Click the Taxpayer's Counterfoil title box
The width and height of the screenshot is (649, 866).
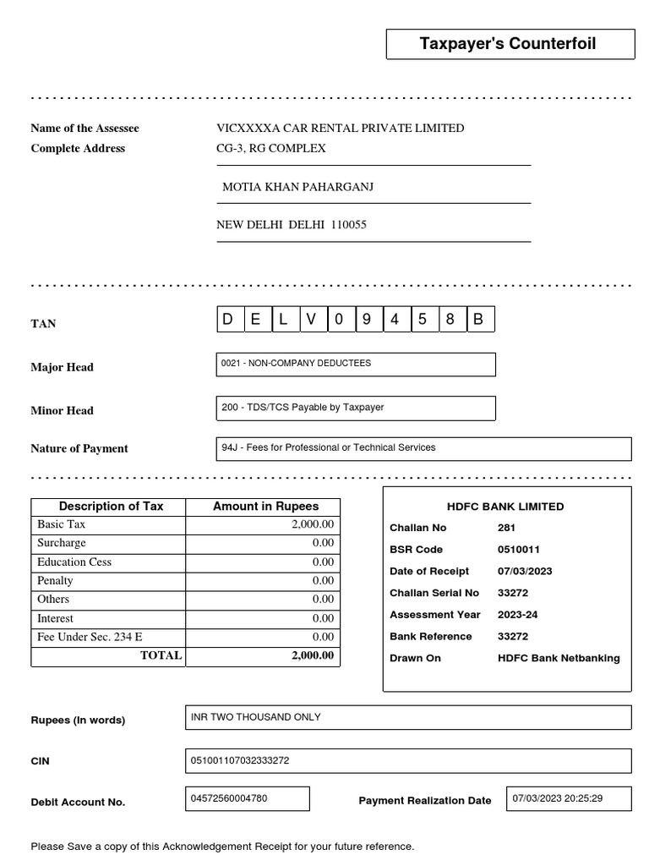click(x=510, y=44)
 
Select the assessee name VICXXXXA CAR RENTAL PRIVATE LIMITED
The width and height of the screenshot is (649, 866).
click(x=340, y=129)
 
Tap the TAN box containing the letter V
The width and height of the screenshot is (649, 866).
click(x=312, y=320)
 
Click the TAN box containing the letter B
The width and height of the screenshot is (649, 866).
click(x=479, y=320)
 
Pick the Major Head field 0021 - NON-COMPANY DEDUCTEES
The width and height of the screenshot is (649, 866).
click(x=356, y=364)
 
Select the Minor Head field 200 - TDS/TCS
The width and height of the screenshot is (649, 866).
click(x=356, y=408)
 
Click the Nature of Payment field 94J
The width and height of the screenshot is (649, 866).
click(x=423, y=448)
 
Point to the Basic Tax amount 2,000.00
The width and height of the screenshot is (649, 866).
click(x=313, y=524)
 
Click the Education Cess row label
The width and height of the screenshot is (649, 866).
click(x=74, y=562)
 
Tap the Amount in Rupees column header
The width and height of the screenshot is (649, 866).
click(x=265, y=507)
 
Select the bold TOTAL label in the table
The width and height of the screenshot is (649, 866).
click(x=161, y=655)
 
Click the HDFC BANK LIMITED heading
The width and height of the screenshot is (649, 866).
click(x=505, y=507)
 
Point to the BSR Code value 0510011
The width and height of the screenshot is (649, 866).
click(x=518, y=550)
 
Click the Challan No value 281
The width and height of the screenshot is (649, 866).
click(x=507, y=528)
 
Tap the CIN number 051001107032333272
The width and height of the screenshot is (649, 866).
click(x=240, y=760)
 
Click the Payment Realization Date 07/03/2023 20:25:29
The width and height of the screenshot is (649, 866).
click(x=558, y=798)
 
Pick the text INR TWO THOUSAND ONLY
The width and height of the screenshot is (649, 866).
click(x=256, y=717)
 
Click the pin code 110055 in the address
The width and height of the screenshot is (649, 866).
click(x=349, y=226)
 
